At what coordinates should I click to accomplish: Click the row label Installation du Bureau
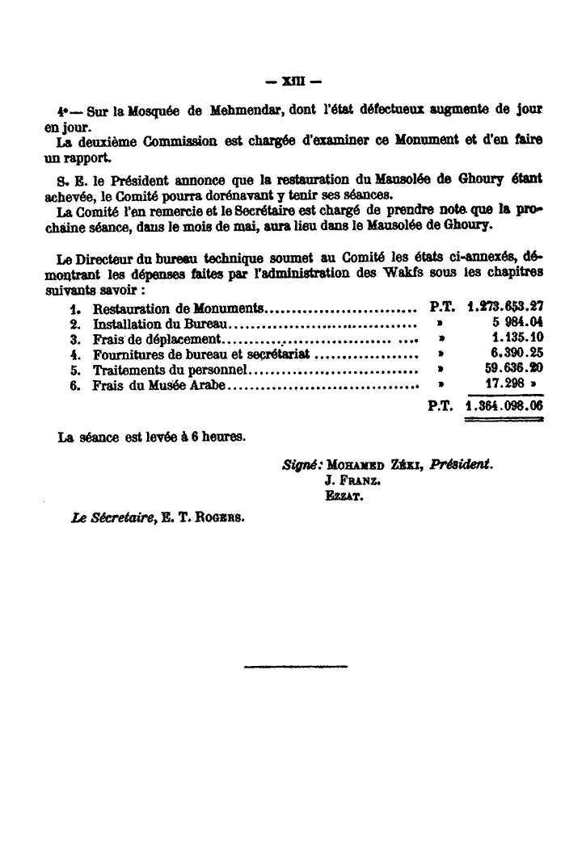point(162,324)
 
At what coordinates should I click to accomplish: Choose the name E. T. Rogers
point(190,518)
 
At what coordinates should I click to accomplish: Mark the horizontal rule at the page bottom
point(294,666)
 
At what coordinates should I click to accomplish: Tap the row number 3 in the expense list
point(74,339)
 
